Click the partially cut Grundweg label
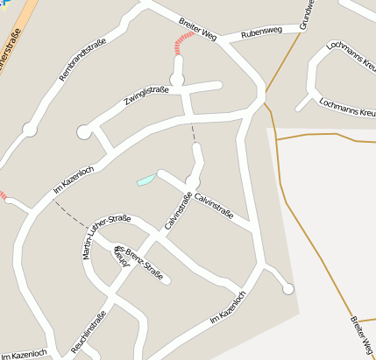[306, 15]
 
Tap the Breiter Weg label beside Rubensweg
[197, 29]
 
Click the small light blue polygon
[146, 180]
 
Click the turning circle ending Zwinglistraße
[84, 132]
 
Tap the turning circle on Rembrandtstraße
[30, 130]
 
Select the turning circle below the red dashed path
[177, 81]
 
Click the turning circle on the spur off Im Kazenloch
[287, 288]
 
